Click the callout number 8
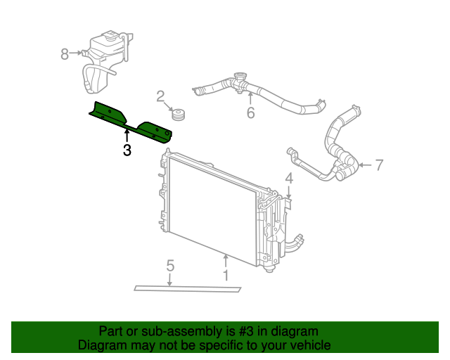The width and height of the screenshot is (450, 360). [65, 53]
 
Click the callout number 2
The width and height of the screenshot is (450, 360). [160, 96]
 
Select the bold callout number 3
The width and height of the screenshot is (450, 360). [127, 150]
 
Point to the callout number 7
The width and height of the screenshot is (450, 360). [379, 165]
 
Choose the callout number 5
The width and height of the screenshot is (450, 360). [170, 265]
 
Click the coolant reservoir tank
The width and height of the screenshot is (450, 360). [105, 53]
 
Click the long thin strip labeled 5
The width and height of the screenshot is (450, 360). [187, 288]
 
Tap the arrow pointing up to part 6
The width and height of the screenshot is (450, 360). [250, 98]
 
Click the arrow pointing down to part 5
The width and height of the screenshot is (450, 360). [170, 279]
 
